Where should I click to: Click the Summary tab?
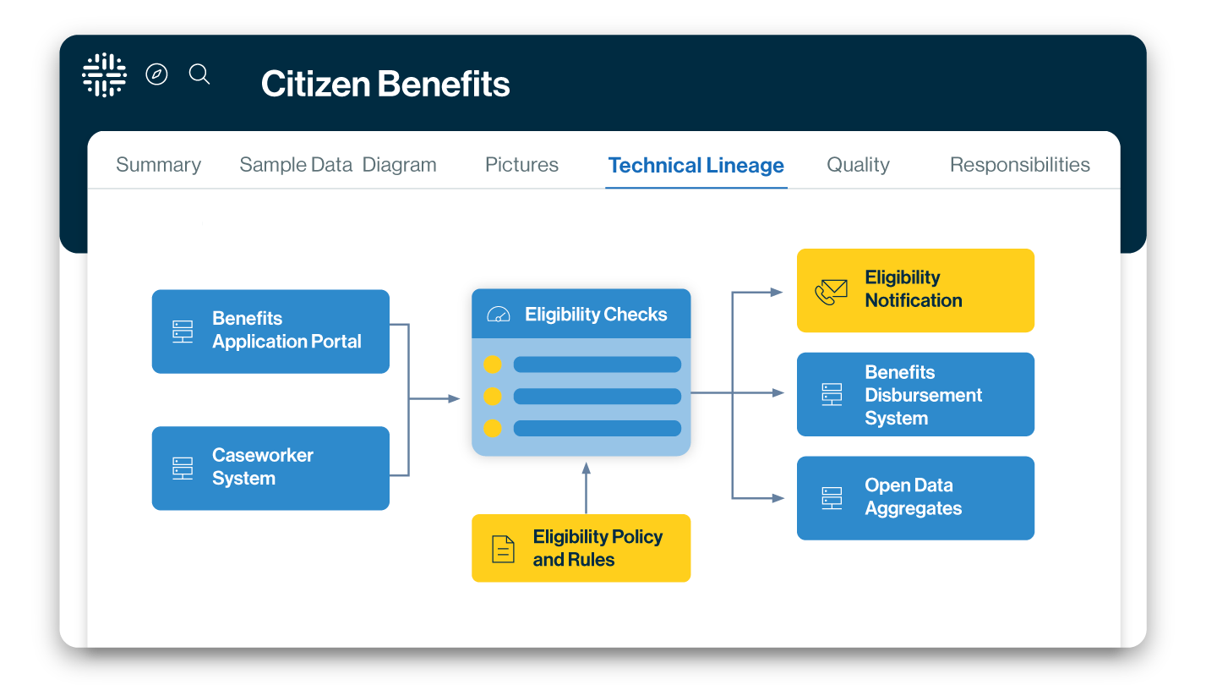(158, 165)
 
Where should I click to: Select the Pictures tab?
(521, 165)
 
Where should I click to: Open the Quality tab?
(858, 165)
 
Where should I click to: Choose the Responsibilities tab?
(1019, 165)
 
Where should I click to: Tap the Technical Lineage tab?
(696, 166)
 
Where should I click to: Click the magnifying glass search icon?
(199, 74)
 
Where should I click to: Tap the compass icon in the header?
(156, 74)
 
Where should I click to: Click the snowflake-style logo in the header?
(104, 75)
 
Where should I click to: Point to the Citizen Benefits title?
(385, 84)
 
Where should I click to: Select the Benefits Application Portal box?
(270, 332)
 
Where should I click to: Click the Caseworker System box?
(270, 468)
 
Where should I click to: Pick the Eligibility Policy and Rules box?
(581, 548)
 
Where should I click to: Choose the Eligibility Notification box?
(915, 290)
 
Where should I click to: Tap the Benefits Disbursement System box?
(915, 394)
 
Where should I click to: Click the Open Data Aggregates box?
(915, 497)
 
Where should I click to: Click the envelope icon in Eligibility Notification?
(831, 292)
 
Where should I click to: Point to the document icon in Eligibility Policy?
(503, 549)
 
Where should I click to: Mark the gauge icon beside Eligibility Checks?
(499, 315)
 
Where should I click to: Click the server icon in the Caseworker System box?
(183, 468)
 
